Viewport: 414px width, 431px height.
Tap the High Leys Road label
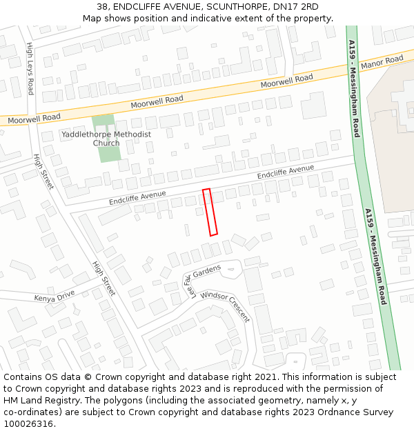pos(30,68)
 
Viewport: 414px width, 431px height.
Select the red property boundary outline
pos(210,212)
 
